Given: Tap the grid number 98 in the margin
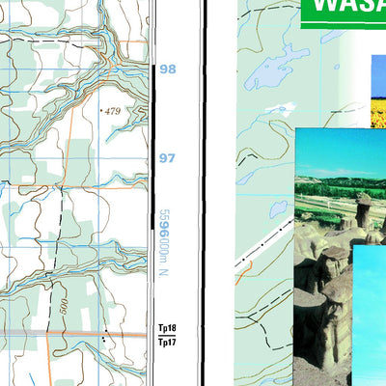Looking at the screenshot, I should pyautogui.click(x=168, y=69).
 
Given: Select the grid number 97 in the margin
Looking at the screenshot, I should pyautogui.click(x=168, y=157).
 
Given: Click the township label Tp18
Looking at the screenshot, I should pyautogui.click(x=167, y=329).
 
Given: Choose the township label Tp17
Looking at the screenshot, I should pyautogui.click(x=167, y=341).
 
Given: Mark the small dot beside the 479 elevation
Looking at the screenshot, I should pyautogui.click(x=102, y=113).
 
